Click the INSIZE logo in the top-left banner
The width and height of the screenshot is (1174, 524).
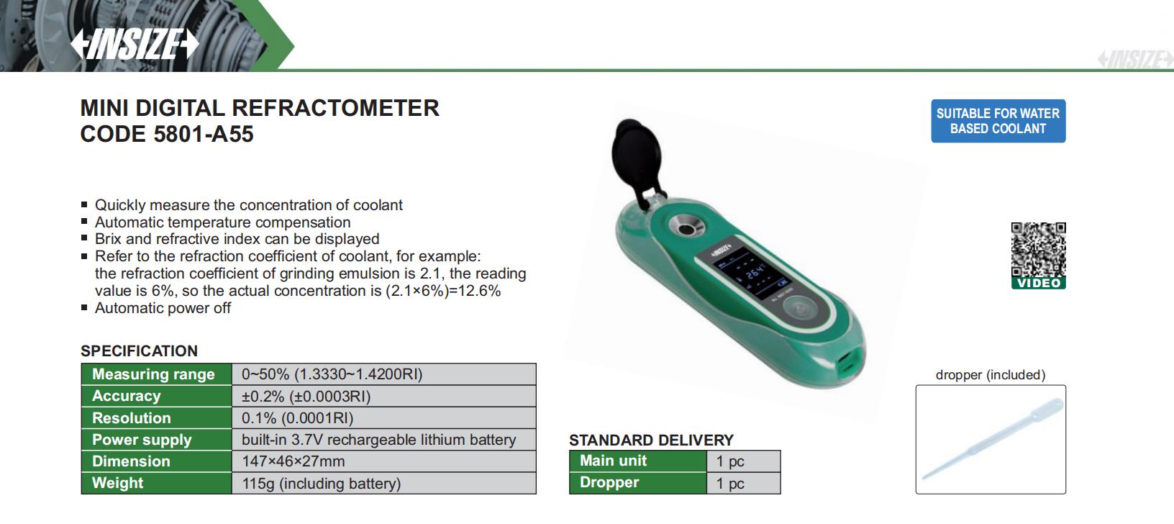(135, 43)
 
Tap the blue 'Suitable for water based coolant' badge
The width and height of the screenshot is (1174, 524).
(998, 121)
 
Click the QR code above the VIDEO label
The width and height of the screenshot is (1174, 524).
(1038, 250)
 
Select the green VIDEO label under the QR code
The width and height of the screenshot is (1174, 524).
(1038, 284)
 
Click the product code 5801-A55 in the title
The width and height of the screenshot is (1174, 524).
(204, 135)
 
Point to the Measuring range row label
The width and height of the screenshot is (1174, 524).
(153, 374)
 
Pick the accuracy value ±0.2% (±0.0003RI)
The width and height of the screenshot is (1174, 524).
(306, 397)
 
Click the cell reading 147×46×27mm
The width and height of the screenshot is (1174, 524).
(293, 461)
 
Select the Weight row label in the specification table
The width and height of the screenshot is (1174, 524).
(117, 483)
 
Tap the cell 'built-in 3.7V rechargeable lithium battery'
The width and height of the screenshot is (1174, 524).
(378, 440)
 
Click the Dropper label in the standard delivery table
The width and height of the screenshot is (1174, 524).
(609, 482)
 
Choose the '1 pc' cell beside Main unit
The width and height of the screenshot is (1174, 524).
(730, 461)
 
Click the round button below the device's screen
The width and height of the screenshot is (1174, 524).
(801, 310)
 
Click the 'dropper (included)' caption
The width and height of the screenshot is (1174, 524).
(991, 375)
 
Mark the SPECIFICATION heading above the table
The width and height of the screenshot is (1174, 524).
(139, 351)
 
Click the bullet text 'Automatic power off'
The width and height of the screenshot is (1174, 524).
(163, 308)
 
